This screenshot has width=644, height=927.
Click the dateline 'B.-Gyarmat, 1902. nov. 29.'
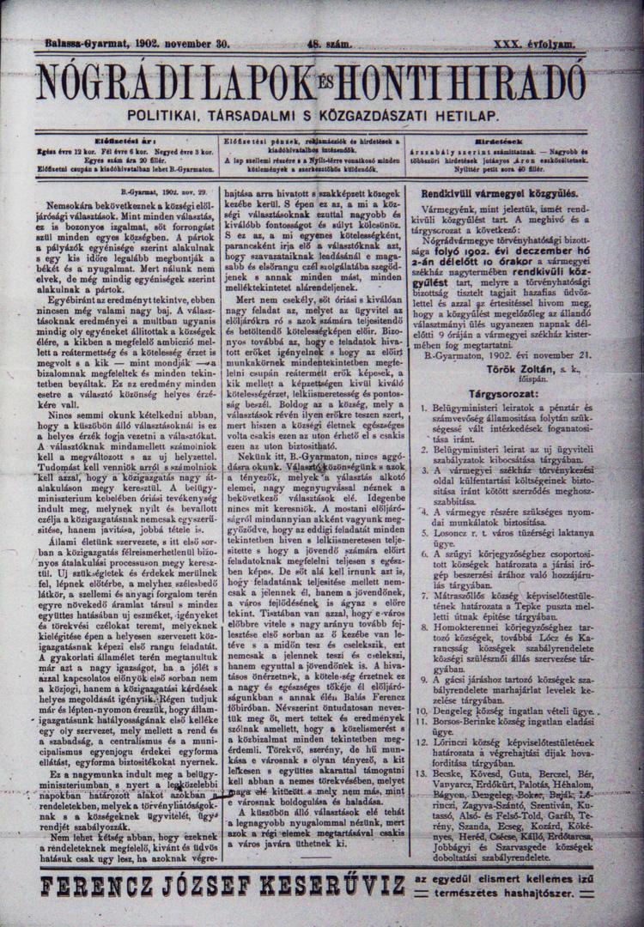(x=158, y=194)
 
